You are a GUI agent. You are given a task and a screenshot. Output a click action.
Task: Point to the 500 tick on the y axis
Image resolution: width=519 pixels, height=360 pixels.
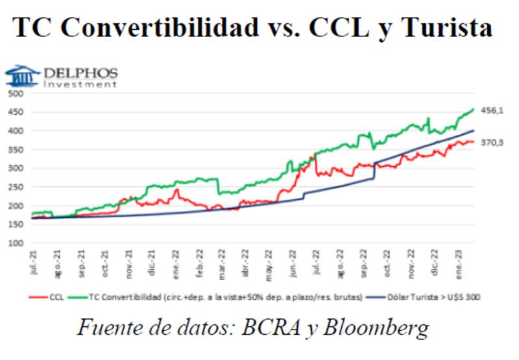pos(16,93)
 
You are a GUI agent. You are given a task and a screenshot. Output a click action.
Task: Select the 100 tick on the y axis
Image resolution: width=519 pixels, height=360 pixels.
pos(16,244)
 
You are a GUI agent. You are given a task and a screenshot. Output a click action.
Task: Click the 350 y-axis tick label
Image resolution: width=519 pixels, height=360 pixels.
pos(16,150)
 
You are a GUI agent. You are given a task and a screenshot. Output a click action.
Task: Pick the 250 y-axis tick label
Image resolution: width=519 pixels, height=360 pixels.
pos(16,187)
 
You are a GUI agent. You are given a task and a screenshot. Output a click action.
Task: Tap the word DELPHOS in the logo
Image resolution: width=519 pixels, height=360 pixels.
pos(81,72)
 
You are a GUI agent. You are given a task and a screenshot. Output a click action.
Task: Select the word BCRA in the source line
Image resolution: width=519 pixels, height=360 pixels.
pos(280,328)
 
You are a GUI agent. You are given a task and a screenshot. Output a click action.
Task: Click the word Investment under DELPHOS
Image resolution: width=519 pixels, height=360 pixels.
pos(80,84)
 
